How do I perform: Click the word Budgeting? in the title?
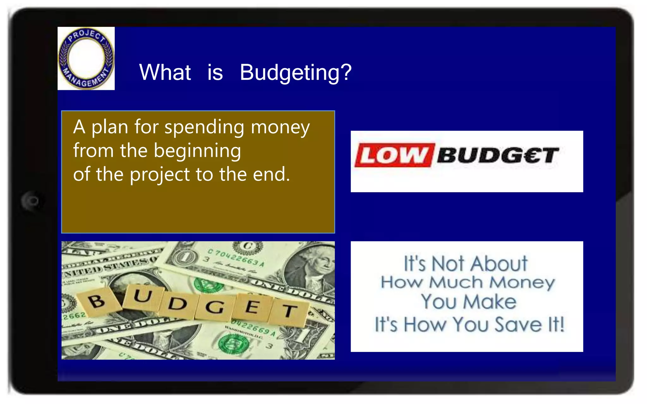point(295,73)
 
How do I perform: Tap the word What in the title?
point(165,73)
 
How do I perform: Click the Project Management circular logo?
point(86,58)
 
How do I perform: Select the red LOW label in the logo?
point(394,155)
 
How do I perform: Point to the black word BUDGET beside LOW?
point(498,155)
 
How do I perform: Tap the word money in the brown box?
point(280,127)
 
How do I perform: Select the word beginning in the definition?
point(197,151)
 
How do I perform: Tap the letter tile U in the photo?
point(143,297)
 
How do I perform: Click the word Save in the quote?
point(518,324)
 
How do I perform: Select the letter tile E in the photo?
point(252,307)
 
